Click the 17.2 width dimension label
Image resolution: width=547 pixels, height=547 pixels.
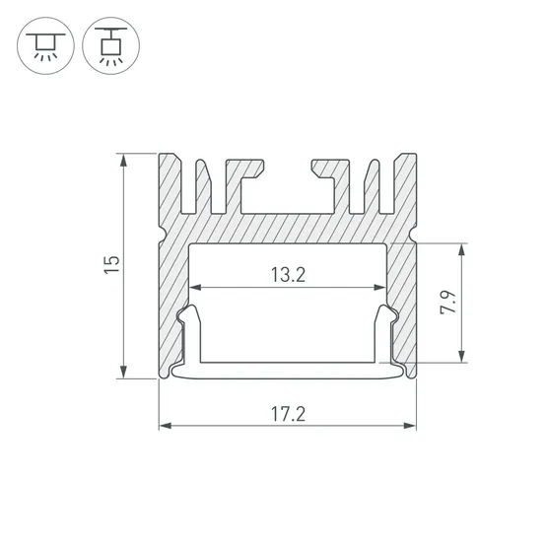tap(288, 414)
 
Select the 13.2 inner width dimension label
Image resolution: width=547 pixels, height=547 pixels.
tap(288, 275)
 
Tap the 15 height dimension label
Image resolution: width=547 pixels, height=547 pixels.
tap(112, 265)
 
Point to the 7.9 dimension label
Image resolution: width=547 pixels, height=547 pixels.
tap(448, 303)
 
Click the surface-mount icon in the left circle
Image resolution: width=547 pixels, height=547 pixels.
tap(45, 45)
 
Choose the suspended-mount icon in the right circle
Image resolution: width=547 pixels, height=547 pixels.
tap(111, 45)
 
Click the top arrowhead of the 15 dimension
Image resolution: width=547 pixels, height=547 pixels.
tap(123, 161)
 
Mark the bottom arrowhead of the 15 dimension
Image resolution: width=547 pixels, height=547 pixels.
tap(123, 372)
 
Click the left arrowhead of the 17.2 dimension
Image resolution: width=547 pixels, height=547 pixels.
tap(166, 426)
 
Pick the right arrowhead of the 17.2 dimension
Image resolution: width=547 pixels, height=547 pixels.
tap(410, 426)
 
